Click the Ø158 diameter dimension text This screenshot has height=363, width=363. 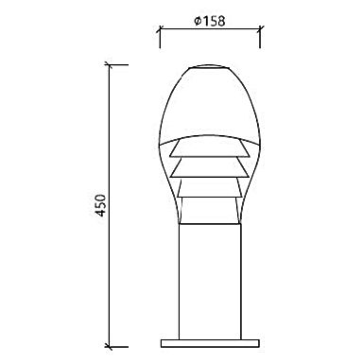tap(210, 21)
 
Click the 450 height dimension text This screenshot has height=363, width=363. tap(100, 205)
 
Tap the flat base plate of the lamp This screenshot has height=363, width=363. tap(210, 343)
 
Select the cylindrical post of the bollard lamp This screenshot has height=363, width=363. tap(210, 282)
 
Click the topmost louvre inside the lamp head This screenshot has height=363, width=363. tap(209, 148)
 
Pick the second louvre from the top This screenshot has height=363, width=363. tap(209, 168)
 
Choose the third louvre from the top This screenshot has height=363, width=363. tap(210, 188)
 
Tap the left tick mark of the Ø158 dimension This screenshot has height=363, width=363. tap(160, 29)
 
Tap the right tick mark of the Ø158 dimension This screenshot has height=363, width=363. tap(260, 29)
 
